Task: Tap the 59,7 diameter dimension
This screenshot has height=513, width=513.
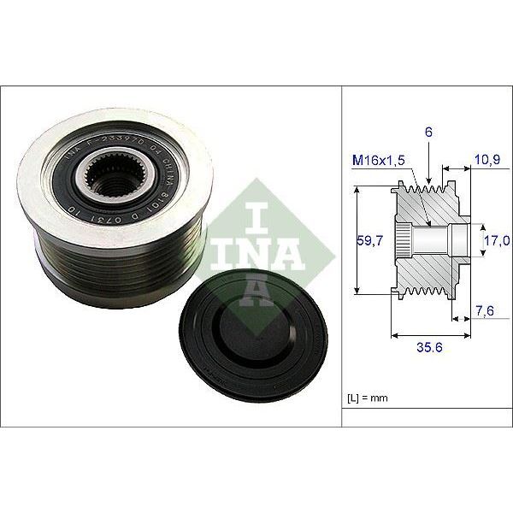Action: point(370,244)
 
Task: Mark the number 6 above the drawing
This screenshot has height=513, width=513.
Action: point(427,133)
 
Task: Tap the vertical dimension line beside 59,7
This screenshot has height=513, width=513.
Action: point(356,244)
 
